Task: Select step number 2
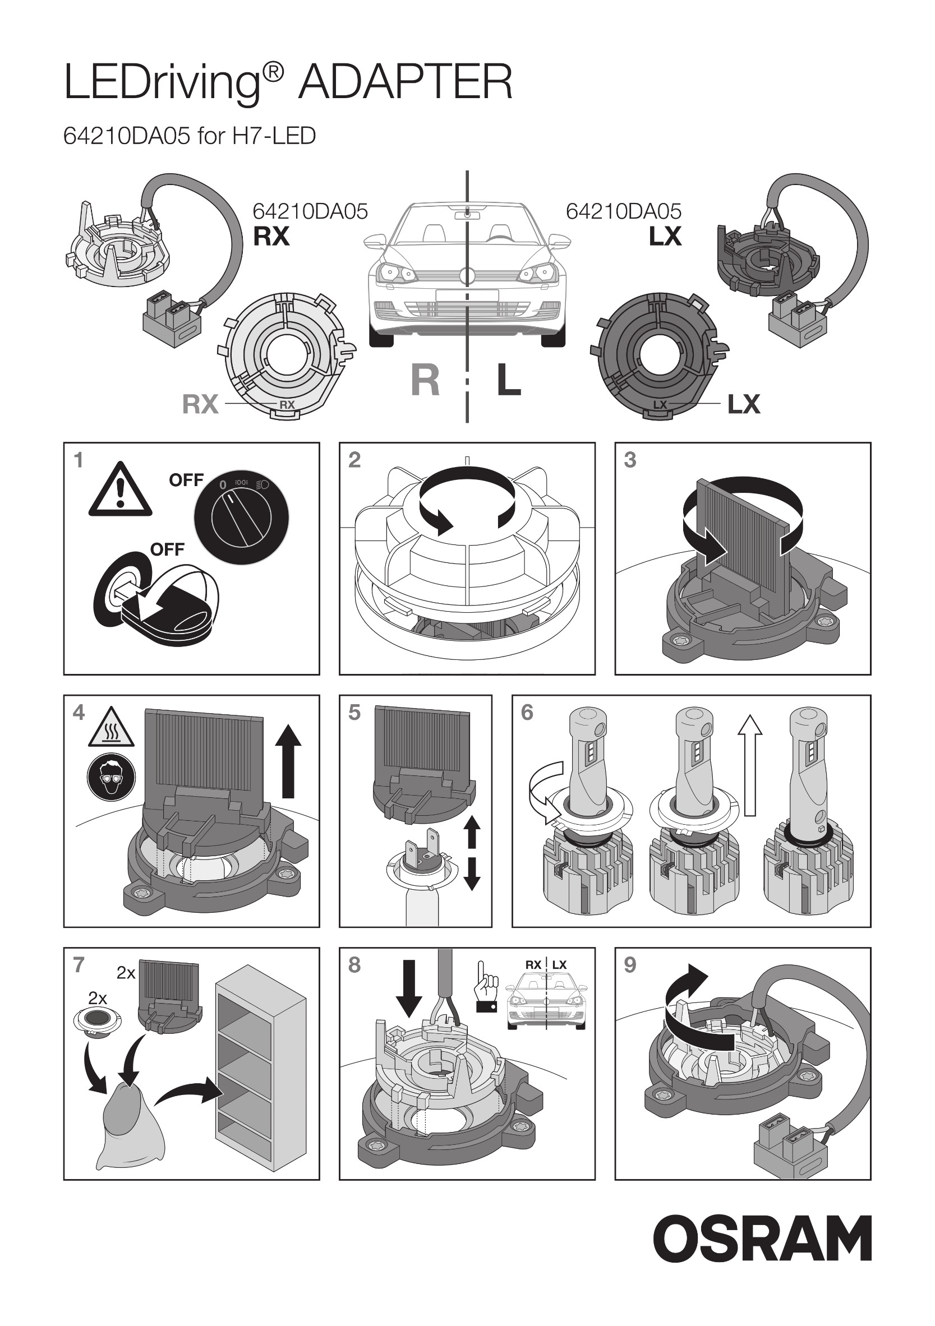pyautogui.click(x=354, y=460)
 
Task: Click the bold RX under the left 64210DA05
pyautogui.click(x=271, y=236)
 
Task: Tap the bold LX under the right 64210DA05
pyautogui.click(x=665, y=236)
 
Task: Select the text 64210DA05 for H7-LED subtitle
pyautogui.click(x=190, y=136)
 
